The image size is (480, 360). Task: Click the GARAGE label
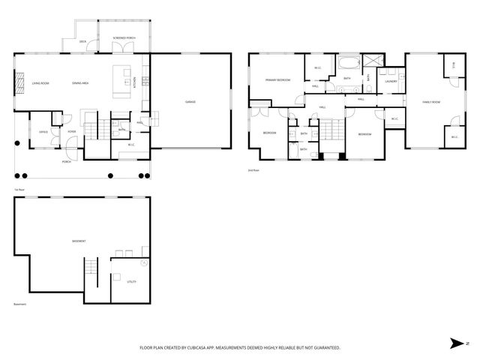[190, 101]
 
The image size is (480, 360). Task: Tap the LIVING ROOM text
[40, 82]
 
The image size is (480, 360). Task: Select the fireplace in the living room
[16, 84]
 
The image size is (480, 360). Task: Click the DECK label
[84, 42]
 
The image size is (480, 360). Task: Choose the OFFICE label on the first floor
[43, 131]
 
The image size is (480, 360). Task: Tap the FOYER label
[72, 131]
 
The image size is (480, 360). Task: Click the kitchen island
[118, 81]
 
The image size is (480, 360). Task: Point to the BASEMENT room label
[79, 241]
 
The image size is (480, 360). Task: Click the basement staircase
[91, 267]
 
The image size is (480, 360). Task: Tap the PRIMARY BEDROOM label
[278, 79]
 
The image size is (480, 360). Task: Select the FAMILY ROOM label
[430, 101]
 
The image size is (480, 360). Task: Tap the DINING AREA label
[80, 82]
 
